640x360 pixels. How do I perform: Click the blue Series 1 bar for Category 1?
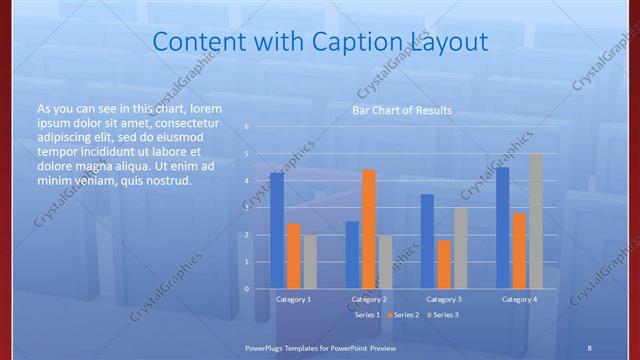coord(277,231)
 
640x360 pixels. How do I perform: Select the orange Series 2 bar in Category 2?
coord(368,229)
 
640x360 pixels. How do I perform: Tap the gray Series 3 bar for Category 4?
coord(535,221)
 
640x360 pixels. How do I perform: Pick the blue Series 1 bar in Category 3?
coord(427,241)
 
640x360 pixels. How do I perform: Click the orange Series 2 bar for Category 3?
coord(443,264)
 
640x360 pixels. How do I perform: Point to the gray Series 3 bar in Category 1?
coord(310,262)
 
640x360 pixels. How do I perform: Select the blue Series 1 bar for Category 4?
coord(502,228)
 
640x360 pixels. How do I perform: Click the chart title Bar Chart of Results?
coord(402,110)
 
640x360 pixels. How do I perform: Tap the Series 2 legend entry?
coord(405,315)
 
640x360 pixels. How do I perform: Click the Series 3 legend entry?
coord(445,315)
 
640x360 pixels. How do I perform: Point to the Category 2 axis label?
coord(369,299)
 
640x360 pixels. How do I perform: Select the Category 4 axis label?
coord(519,299)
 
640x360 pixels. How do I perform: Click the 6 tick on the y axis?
coord(247,127)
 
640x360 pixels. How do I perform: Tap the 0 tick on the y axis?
coord(247,289)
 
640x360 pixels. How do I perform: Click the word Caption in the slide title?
coord(358,42)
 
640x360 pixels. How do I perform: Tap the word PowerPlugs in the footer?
coord(267,346)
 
